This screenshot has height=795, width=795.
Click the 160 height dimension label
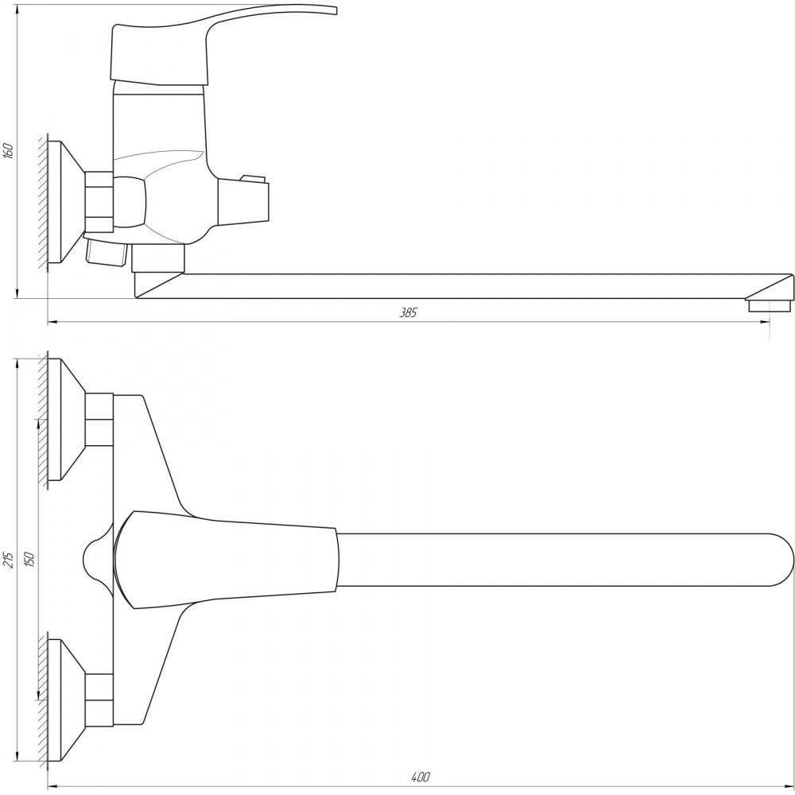8,150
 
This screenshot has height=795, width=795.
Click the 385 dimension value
408,312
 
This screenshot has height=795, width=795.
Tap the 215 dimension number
8,558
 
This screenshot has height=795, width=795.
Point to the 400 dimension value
421,776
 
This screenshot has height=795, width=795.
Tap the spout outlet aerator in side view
769,305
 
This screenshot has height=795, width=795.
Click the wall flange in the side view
66,202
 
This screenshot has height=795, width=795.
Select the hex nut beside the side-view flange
99,202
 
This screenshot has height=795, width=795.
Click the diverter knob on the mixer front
243,200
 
